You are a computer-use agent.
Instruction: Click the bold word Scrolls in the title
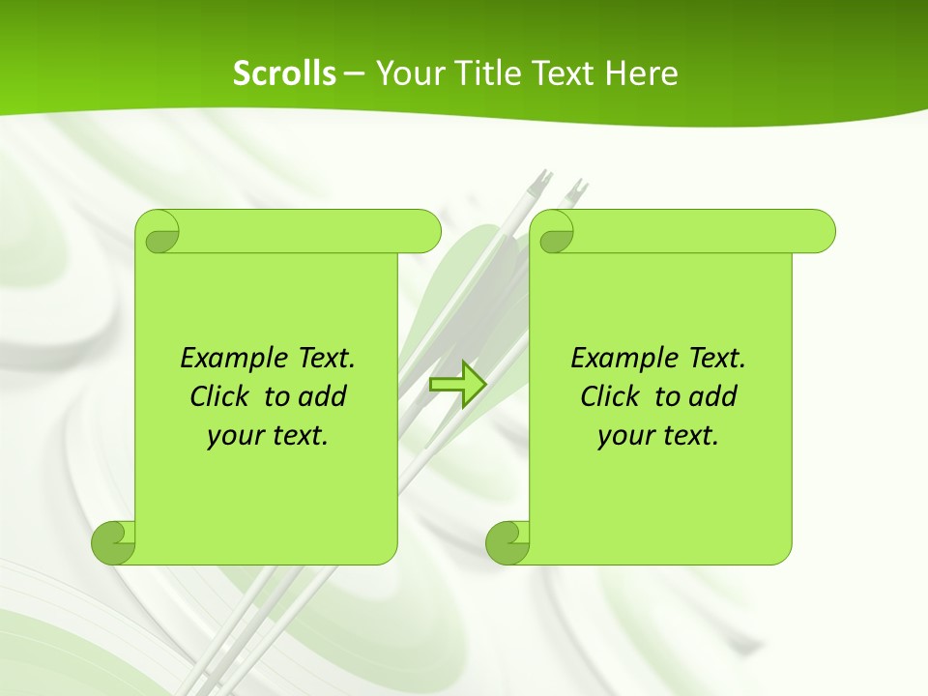284,73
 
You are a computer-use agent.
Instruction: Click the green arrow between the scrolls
457,384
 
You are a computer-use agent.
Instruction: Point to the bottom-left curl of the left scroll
112,542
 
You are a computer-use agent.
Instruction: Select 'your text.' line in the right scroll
658,436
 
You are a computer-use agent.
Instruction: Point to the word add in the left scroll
322,396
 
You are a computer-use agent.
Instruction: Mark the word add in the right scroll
712,396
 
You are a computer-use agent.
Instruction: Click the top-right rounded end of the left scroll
426,231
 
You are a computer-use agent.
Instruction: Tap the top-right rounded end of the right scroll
820,231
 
